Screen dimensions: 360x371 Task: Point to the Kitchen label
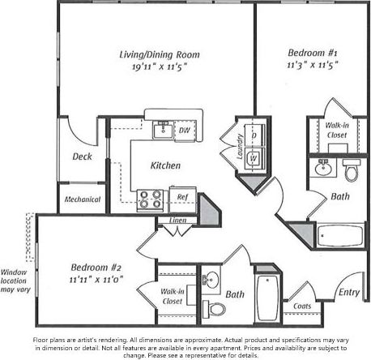[165, 165]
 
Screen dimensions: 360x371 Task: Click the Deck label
[81, 156]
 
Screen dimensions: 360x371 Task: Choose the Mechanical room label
[82, 199]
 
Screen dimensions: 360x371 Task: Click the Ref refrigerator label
[183, 195]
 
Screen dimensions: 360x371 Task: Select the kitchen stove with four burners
[150, 198]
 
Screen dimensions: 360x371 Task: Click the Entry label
[349, 292]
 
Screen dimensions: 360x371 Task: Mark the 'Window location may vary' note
[14, 281]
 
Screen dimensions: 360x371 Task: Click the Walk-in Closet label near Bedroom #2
[171, 296]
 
